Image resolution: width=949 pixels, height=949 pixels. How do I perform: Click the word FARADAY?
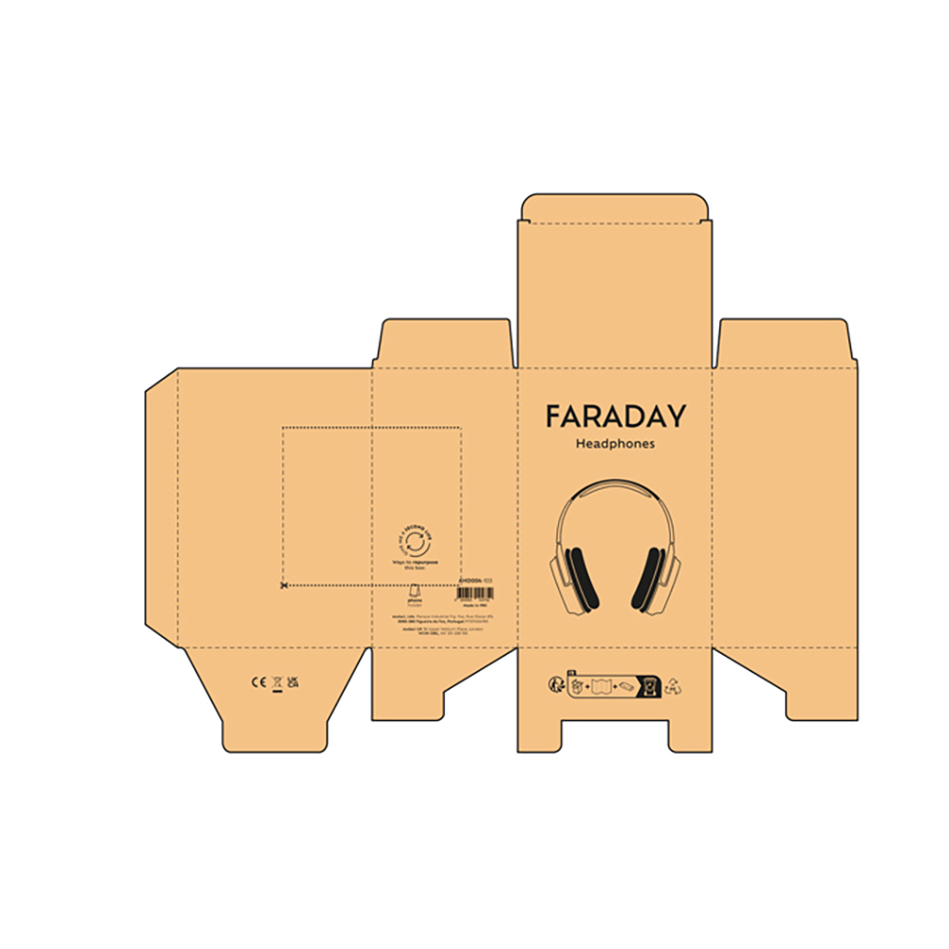pyautogui.click(x=614, y=417)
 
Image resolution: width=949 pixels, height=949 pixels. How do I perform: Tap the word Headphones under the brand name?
pyautogui.click(x=615, y=444)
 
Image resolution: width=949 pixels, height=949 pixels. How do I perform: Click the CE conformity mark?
pyautogui.click(x=257, y=681)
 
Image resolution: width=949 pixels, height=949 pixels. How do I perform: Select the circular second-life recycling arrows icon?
pyautogui.click(x=416, y=543)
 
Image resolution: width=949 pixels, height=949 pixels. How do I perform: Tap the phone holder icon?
pyautogui.click(x=415, y=588)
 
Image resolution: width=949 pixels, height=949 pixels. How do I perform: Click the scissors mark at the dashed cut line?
pyautogui.click(x=284, y=586)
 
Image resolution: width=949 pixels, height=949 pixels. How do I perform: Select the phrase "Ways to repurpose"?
pyautogui.click(x=415, y=563)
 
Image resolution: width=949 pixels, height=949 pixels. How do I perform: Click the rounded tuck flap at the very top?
pyautogui.click(x=615, y=207)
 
